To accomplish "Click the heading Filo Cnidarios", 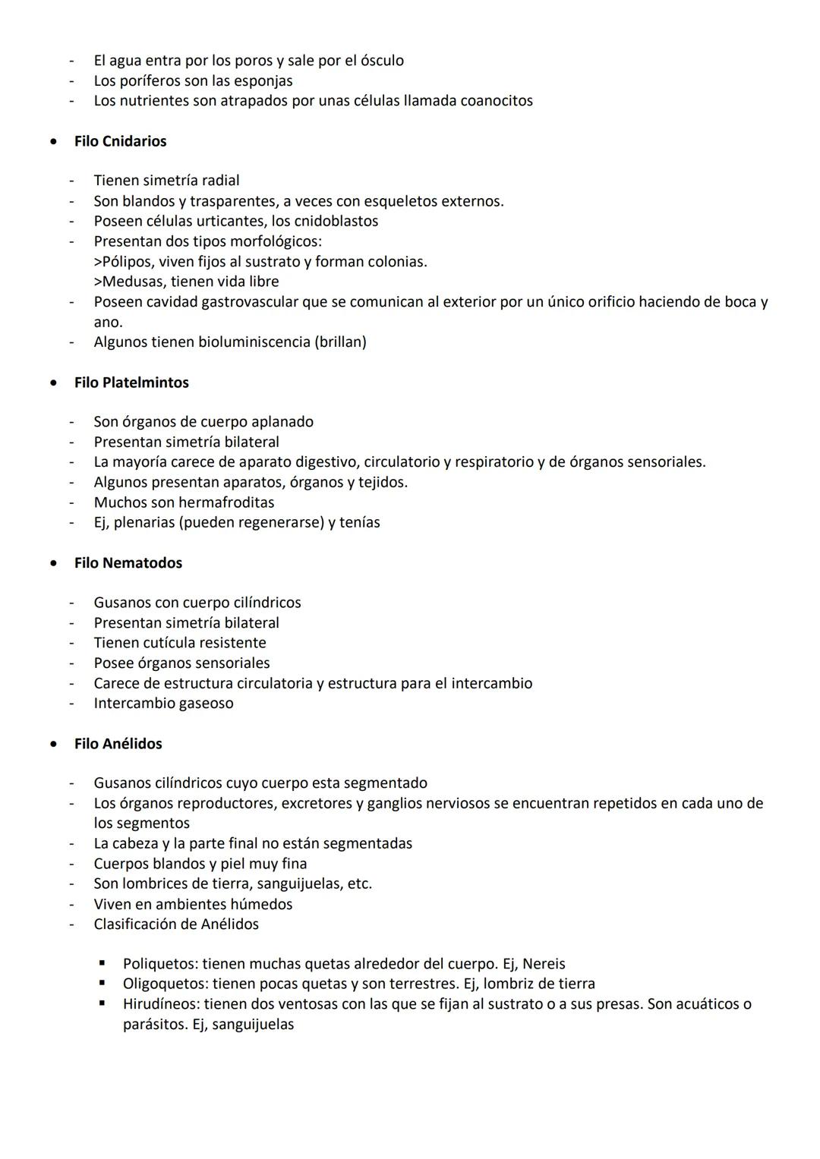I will tap(120, 141).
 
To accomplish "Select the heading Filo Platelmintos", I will tap(131, 383).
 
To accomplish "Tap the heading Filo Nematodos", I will tap(128, 563).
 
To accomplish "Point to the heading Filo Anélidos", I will tap(118, 744).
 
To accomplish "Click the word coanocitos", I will tap(497, 101).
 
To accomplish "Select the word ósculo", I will tap(380, 61).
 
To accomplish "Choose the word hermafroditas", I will tap(226, 502).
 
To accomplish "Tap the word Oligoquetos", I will tap(164, 984).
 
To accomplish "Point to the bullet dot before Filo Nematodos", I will tap(52, 563).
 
